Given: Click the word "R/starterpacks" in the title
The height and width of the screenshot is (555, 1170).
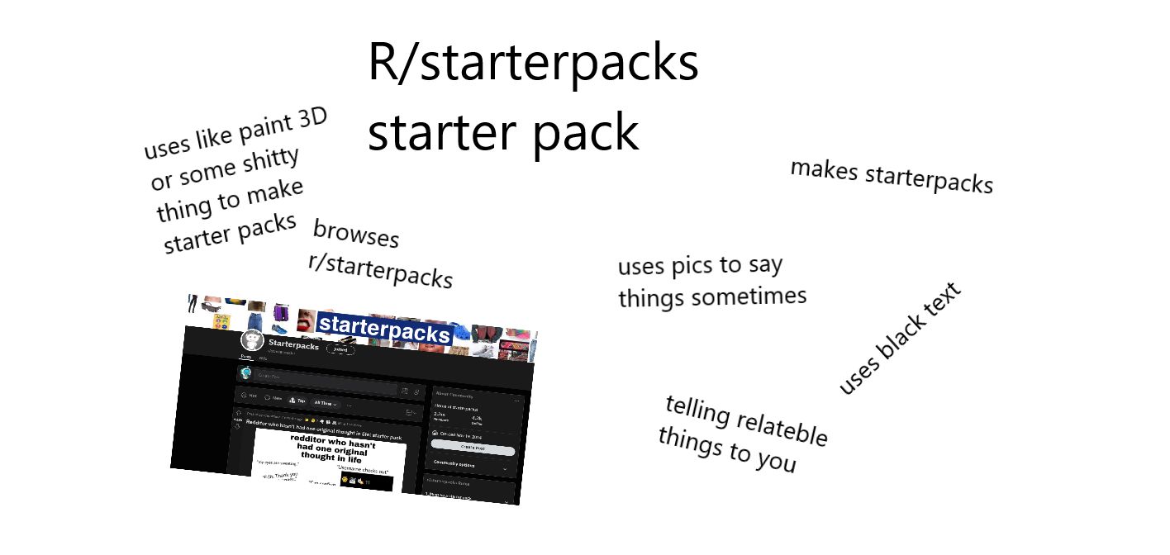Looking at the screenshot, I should pyautogui.click(x=533, y=64).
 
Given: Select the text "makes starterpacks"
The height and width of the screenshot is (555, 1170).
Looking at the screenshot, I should pyautogui.click(x=892, y=176).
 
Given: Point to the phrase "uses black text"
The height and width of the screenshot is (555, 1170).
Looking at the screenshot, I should pyautogui.click(x=901, y=339).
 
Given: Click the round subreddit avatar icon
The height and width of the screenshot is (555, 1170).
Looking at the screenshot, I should pyautogui.click(x=252, y=339).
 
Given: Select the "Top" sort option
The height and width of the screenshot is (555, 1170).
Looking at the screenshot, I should pyautogui.click(x=296, y=400).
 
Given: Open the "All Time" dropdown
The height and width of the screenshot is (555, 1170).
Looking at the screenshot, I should pyautogui.click(x=326, y=402).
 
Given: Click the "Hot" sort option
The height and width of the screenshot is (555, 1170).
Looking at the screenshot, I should pyautogui.click(x=248, y=396).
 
